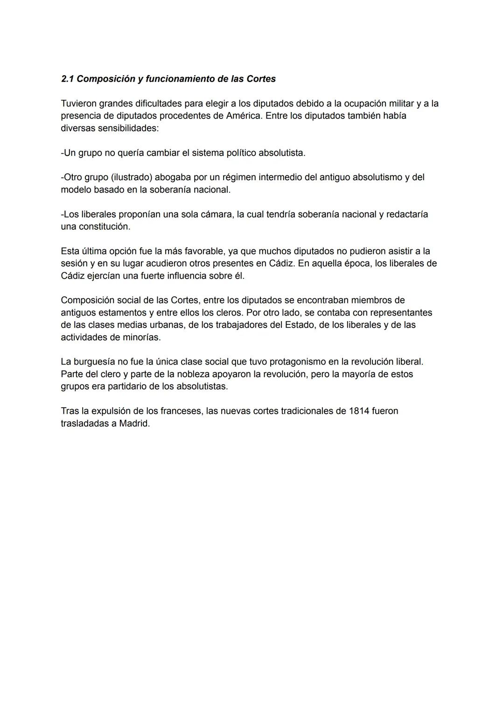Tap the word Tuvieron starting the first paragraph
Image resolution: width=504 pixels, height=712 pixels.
(79, 103)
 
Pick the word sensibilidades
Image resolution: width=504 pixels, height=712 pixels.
(127, 128)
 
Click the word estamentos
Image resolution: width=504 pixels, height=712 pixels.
(120, 312)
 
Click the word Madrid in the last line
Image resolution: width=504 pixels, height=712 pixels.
(134, 423)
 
